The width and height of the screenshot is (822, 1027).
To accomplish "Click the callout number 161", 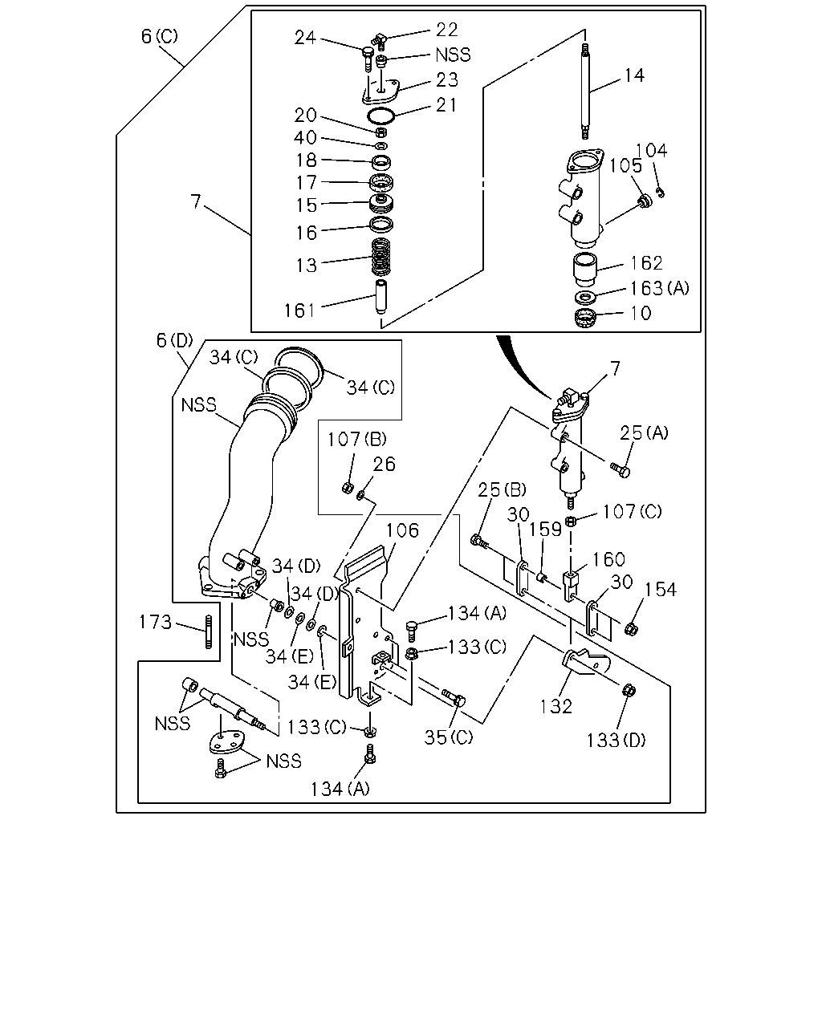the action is point(299,311).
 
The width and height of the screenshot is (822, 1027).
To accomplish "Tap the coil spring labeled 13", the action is point(380,257).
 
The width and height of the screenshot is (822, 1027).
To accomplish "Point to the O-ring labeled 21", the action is point(380,116).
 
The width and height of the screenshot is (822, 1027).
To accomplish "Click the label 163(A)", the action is point(660,288).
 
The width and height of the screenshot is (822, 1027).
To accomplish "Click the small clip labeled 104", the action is point(661,193).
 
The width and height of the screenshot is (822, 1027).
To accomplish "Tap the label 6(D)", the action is point(175,341).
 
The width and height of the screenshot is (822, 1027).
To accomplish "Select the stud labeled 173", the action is point(208,632).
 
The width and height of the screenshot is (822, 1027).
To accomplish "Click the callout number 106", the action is point(402,530).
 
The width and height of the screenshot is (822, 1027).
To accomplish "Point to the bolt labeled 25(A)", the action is point(620,469).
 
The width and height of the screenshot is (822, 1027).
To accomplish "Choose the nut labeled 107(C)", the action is point(570,522).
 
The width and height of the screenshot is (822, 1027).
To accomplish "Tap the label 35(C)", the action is point(449,737).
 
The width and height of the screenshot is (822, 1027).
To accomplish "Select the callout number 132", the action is point(556,706).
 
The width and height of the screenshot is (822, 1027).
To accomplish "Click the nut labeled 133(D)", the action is point(629,690).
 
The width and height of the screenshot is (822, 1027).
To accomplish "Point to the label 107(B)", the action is point(356,439).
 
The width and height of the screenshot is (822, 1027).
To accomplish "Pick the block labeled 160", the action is point(570,586).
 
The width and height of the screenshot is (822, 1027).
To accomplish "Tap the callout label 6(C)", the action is point(160,36).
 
